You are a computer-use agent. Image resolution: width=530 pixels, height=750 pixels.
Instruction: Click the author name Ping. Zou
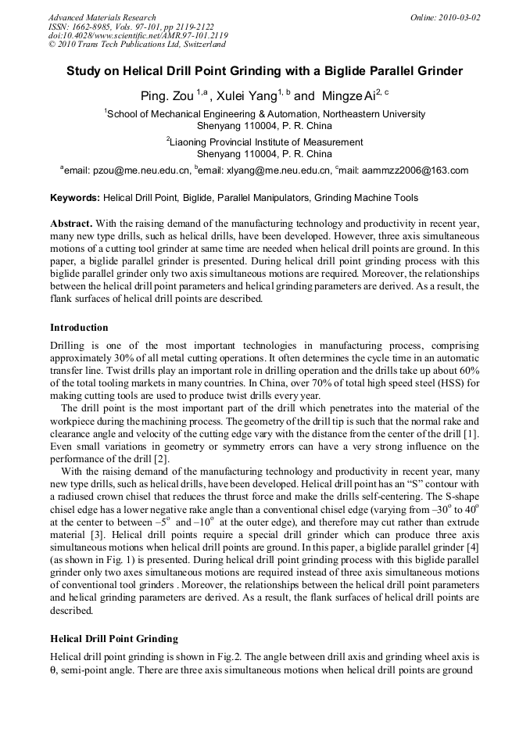click(163, 96)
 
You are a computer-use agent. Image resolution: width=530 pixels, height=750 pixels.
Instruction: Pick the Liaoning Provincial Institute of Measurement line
click(266, 142)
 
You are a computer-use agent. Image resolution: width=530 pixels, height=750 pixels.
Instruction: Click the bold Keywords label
click(74, 198)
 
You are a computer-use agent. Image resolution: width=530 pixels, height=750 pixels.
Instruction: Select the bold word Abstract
click(71, 223)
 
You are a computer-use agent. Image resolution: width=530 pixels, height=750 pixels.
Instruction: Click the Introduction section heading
click(79, 328)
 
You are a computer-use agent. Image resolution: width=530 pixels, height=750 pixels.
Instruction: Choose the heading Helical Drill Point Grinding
click(113, 639)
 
